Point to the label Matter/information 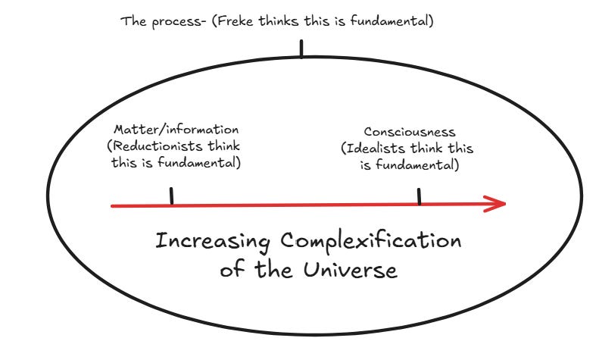tap(176, 130)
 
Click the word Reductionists tap(154, 146)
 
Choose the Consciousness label tap(410, 132)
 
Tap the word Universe tap(357, 270)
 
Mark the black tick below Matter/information tap(172, 196)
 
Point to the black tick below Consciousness tap(419, 196)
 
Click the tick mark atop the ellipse tap(301, 49)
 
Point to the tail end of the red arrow tap(113, 205)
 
